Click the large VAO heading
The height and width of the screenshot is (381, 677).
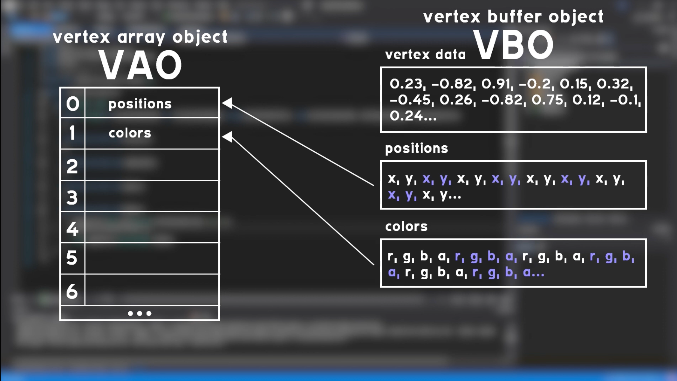(140, 65)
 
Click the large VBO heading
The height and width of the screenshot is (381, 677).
(513, 45)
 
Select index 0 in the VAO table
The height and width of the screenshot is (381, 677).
(73, 104)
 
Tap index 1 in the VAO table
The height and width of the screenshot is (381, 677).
(73, 133)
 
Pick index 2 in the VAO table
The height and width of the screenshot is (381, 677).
(72, 166)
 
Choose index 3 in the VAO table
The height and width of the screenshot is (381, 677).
(72, 197)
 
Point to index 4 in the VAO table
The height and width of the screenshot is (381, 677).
(72, 229)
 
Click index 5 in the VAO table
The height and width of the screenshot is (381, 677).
(72, 258)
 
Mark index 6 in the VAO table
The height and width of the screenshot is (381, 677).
(72, 291)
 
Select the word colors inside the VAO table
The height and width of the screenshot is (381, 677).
(130, 133)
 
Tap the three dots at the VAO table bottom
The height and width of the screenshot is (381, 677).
(140, 314)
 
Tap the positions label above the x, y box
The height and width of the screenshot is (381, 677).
(416, 149)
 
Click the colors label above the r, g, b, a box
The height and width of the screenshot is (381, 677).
(406, 226)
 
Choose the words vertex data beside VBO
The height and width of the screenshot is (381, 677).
(425, 55)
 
